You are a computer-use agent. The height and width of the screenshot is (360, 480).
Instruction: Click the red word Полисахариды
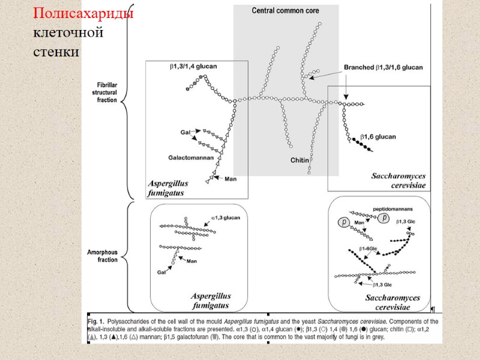point(83,14)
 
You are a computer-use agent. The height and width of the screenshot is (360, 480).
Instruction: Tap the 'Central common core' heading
point(285,11)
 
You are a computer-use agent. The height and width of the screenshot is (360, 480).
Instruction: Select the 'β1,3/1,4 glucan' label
point(193,67)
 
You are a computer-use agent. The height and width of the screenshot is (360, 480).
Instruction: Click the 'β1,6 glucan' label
point(377,137)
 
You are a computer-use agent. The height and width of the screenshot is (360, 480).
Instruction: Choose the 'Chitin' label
point(299,160)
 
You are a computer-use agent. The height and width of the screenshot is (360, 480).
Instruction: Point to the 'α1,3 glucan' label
point(226,218)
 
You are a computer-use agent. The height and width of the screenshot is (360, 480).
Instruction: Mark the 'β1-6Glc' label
point(368,248)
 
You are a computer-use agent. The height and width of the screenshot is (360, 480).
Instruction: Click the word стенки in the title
point(56,52)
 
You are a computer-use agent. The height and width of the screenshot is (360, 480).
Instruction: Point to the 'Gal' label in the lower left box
point(161,272)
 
